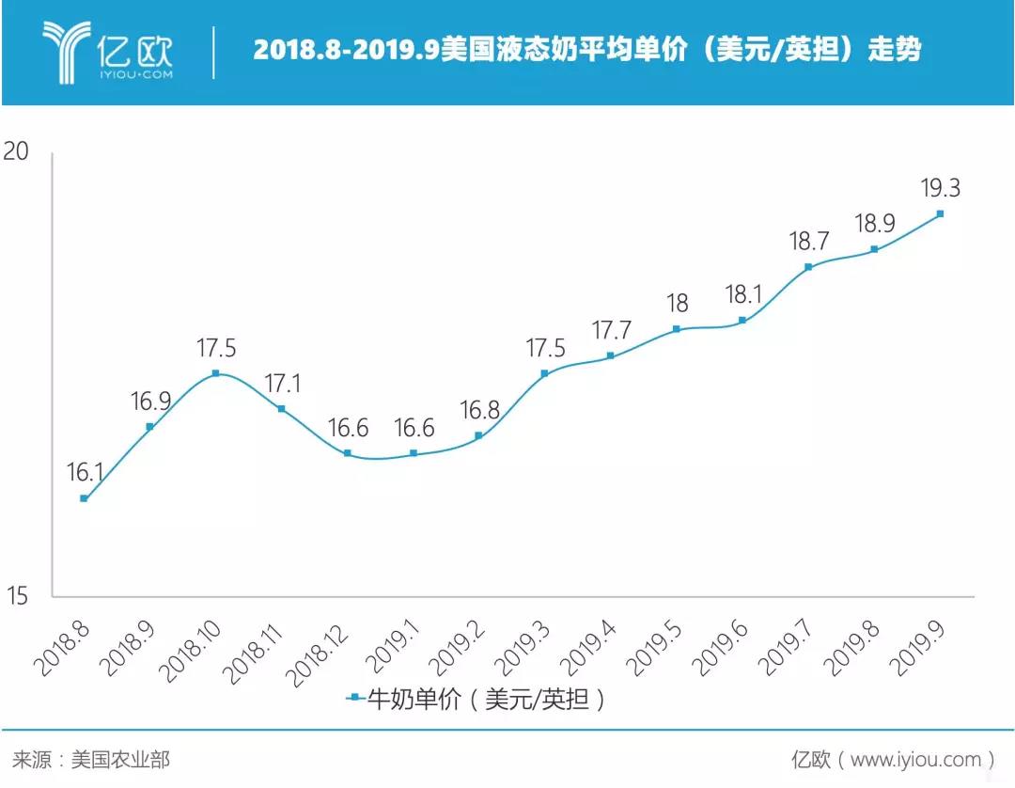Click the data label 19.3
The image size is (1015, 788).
940,188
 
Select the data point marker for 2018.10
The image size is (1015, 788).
215,373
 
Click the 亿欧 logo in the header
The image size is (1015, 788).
107,49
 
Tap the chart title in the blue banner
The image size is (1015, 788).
586,50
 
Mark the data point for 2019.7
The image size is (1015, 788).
808,267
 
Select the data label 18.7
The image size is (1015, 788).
808,242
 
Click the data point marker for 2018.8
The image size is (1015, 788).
84,498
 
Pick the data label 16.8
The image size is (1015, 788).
479,410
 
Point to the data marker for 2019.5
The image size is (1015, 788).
677,329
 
